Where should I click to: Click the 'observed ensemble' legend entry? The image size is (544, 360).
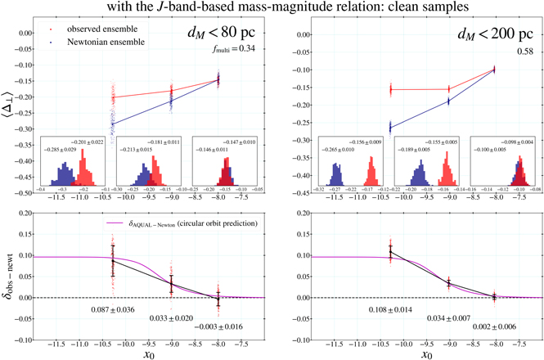coord(82,29)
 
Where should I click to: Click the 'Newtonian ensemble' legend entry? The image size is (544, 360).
coord(83,40)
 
